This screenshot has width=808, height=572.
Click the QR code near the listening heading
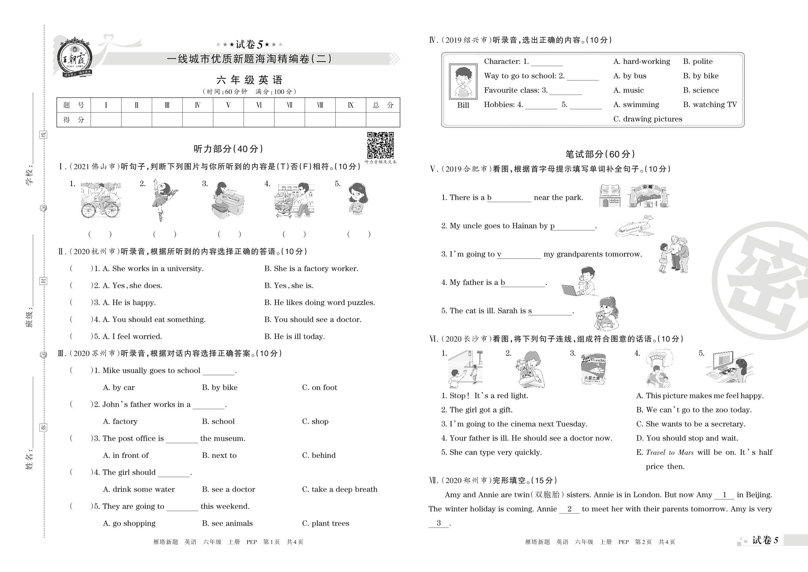380,145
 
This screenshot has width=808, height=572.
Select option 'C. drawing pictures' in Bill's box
647,119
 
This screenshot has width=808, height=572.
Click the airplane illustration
634,226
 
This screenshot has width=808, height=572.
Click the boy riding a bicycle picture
100,200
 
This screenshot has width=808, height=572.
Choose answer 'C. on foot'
319,388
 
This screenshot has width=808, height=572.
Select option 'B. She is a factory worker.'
311,269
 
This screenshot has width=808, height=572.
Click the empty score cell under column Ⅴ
228,120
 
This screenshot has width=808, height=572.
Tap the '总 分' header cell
383,105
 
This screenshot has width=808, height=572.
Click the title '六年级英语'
249,80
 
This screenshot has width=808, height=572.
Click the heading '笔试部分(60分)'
600,154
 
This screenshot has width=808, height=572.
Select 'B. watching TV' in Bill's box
710,105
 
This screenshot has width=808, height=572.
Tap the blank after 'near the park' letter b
511,198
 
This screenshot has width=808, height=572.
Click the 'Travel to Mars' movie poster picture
593,368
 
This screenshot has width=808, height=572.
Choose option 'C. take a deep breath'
340,489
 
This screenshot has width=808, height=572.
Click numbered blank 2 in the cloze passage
569,509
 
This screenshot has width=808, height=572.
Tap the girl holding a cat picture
606,313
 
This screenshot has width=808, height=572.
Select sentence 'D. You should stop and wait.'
687,438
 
